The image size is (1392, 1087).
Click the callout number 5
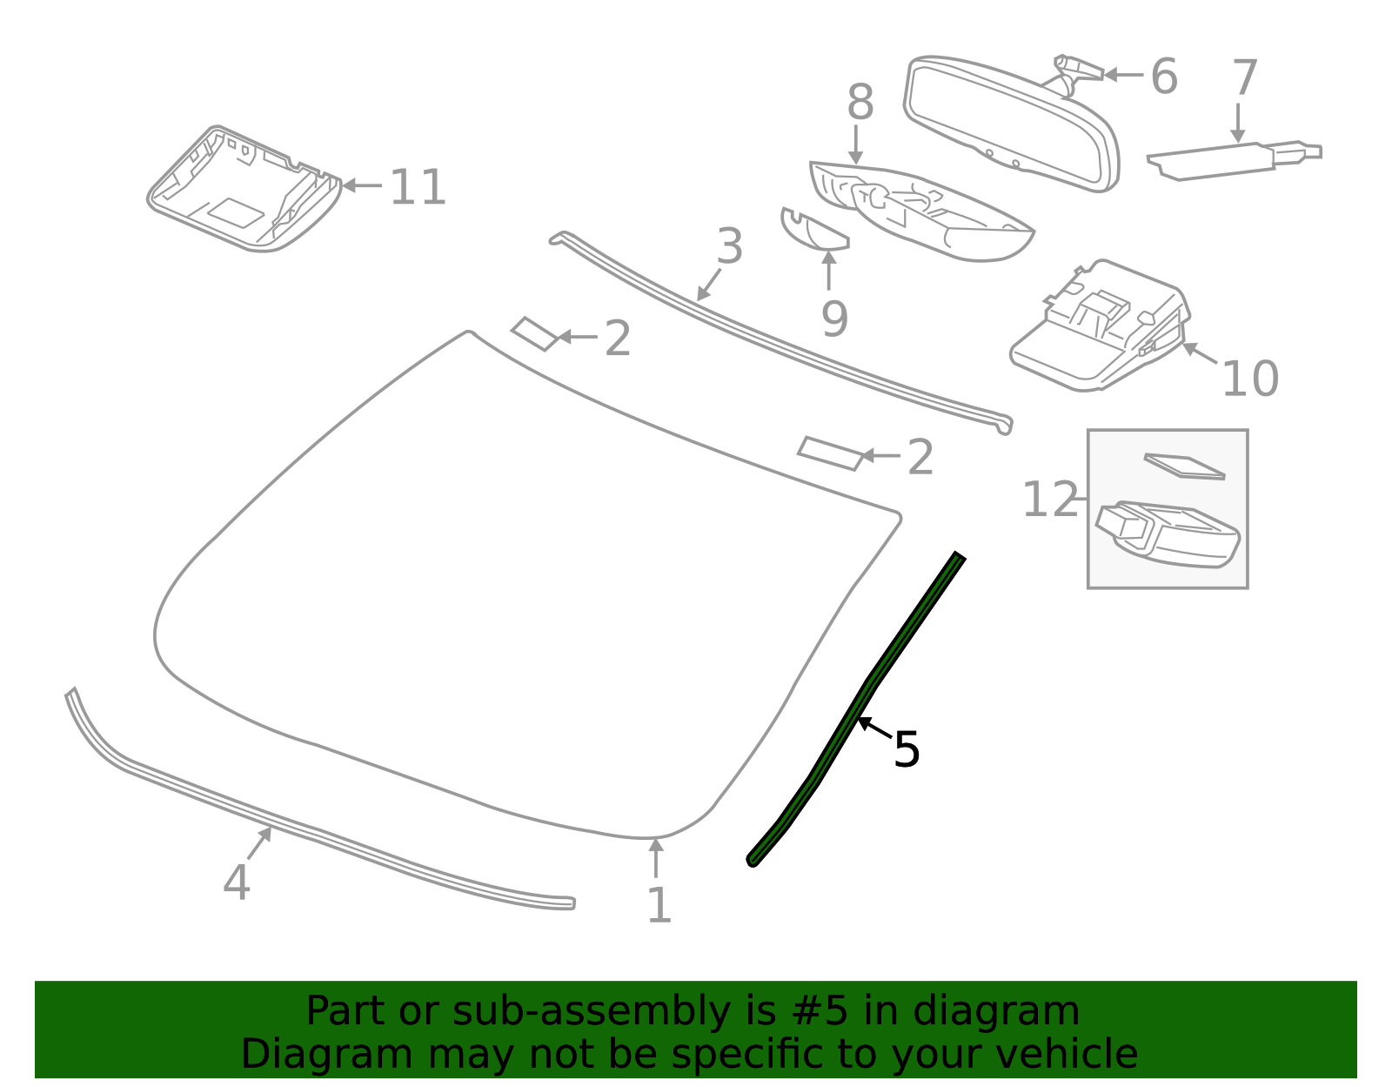(x=907, y=749)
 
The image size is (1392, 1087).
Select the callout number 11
(x=418, y=187)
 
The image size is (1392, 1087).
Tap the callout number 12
(x=1050, y=500)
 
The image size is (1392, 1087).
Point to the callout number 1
(x=659, y=905)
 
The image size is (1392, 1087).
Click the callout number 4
(x=237, y=882)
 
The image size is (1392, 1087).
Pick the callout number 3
(x=730, y=246)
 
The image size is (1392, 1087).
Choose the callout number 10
(x=1250, y=379)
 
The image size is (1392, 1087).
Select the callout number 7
(x=1245, y=78)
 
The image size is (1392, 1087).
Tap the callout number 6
(x=1164, y=77)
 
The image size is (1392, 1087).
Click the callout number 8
(x=860, y=103)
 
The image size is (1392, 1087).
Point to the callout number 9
(x=834, y=319)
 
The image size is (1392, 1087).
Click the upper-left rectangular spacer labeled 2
(x=534, y=333)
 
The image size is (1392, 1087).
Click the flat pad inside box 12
(x=1185, y=466)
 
